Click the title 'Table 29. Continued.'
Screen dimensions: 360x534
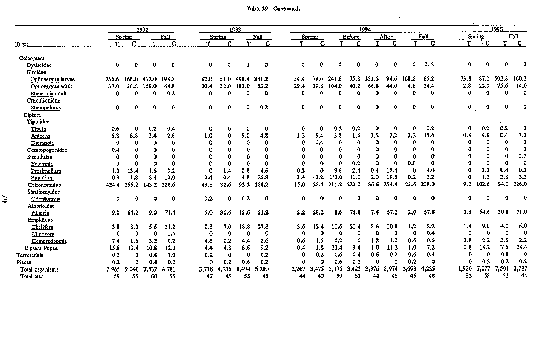[266, 8]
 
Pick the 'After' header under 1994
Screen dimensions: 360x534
[386, 37]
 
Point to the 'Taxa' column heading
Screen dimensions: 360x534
[21, 43]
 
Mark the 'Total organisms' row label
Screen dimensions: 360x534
[39, 269]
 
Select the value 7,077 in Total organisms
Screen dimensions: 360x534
[483, 269]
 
